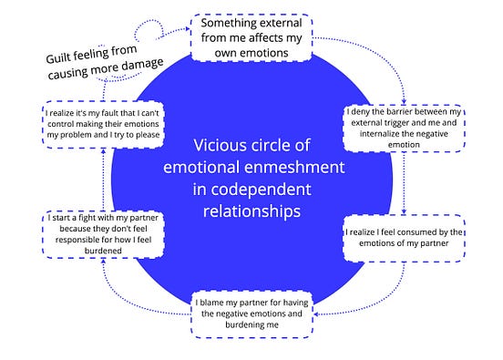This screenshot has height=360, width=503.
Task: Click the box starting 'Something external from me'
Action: tap(251, 37)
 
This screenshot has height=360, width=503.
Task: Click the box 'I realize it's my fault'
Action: tap(101, 126)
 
